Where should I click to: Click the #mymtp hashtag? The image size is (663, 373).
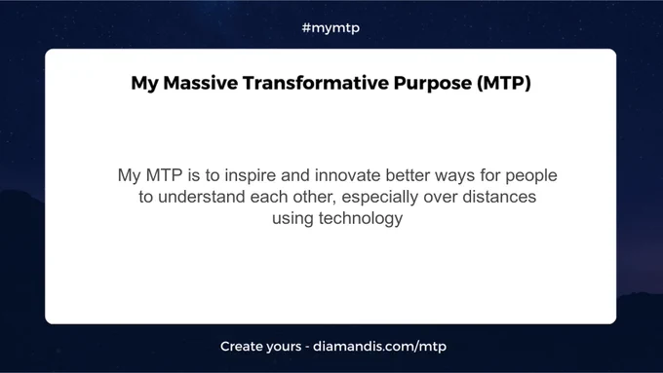[x=331, y=28]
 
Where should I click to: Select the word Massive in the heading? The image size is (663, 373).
[x=201, y=83]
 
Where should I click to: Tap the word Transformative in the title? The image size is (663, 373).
[x=316, y=83]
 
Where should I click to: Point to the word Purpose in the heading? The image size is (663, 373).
[x=433, y=84]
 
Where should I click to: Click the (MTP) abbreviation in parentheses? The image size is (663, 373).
[x=504, y=83]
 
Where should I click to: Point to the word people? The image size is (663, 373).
[x=531, y=175]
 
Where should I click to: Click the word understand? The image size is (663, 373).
[x=201, y=197]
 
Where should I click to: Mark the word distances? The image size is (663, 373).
[x=499, y=197]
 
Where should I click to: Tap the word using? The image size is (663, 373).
[x=292, y=219]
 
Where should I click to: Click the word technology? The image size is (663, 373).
[x=361, y=219]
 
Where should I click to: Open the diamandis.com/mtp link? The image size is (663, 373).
[x=379, y=347]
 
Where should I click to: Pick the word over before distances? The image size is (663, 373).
[x=440, y=198]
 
